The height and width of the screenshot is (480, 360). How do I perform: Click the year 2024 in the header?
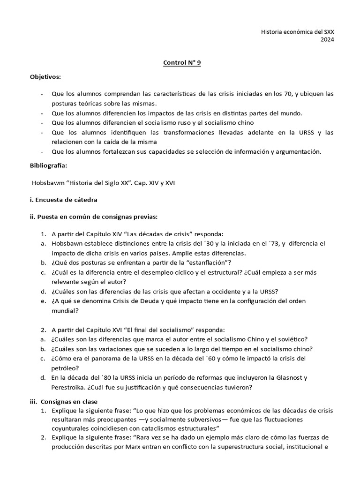pyautogui.click(x=327, y=40)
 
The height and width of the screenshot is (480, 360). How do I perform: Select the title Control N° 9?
pyautogui.click(x=182, y=63)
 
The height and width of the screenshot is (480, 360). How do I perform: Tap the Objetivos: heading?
pyautogui.click(x=45, y=76)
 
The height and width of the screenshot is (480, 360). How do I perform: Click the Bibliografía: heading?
pyautogui.click(x=48, y=165)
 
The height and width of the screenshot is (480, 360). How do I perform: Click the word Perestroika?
pyautogui.click(x=69, y=387)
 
